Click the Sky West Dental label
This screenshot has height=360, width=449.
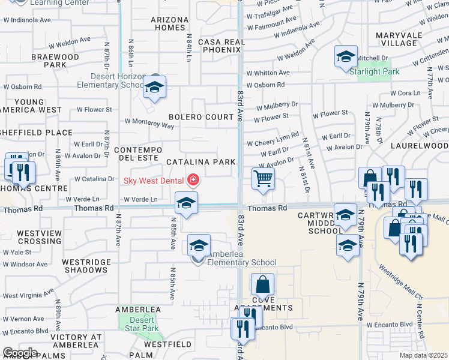(154, 179)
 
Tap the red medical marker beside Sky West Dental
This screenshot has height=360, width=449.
(193, 179)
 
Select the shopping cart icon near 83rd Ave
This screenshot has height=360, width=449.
(263, 179)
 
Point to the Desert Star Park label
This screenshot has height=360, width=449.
(142, 325)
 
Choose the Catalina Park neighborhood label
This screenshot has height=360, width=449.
(200, 162)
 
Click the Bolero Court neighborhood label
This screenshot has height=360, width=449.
(200, 117)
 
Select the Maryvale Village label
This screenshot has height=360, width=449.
(397, 39)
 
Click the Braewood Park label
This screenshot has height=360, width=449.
(55, 61)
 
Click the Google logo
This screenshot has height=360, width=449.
(20, 352)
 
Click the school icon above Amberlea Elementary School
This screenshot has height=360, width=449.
(199, 245)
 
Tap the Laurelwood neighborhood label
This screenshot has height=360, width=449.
(419, 146)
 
